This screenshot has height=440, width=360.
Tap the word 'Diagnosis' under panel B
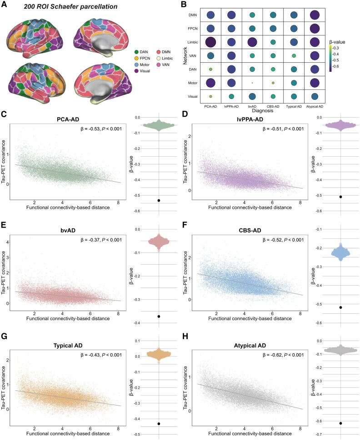[262, 109]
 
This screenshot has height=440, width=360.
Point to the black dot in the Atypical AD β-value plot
[340, 423]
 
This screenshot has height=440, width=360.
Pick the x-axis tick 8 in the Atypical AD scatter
[301, 428]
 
